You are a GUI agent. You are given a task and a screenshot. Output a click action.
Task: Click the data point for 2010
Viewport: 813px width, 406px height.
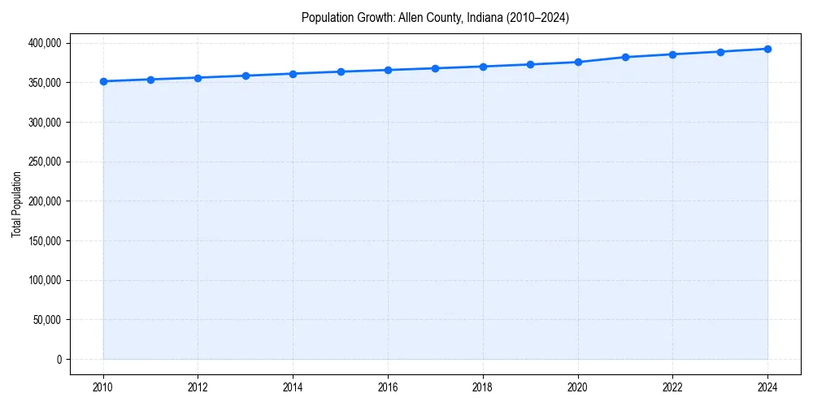[103, 81]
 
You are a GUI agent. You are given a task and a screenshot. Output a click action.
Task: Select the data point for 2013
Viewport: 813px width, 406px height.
[246, 76]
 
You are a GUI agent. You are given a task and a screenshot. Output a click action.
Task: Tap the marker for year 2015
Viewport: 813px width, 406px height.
[341, 71]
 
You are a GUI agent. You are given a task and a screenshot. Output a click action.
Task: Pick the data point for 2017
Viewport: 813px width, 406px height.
[436, 68]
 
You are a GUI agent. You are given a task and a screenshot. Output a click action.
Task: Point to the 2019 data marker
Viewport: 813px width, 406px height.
[530, 64]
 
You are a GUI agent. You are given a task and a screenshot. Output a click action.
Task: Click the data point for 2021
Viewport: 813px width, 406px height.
[625, 57]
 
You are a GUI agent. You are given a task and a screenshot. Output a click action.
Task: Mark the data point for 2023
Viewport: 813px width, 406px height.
[720, 52]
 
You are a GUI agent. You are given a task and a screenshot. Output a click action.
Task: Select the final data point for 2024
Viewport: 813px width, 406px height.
[767, 49]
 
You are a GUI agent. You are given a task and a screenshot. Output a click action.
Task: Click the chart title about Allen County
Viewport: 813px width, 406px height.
[435, 17]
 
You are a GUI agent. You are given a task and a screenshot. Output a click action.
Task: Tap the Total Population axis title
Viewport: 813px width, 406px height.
[16, 204]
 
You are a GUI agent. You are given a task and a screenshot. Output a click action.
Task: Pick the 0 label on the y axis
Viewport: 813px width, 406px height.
[59, 360]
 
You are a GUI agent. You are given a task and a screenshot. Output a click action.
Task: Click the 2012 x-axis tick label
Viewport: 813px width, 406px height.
[198, 387]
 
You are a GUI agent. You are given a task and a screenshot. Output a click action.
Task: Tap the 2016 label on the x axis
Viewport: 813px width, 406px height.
[388, 387]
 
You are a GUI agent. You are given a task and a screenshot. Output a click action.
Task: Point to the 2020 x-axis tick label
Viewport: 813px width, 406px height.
[578, 387]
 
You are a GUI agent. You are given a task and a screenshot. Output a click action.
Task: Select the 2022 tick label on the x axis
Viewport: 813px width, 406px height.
[672, 387]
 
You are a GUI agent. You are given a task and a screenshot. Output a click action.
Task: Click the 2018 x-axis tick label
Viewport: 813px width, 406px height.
[483, 387]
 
